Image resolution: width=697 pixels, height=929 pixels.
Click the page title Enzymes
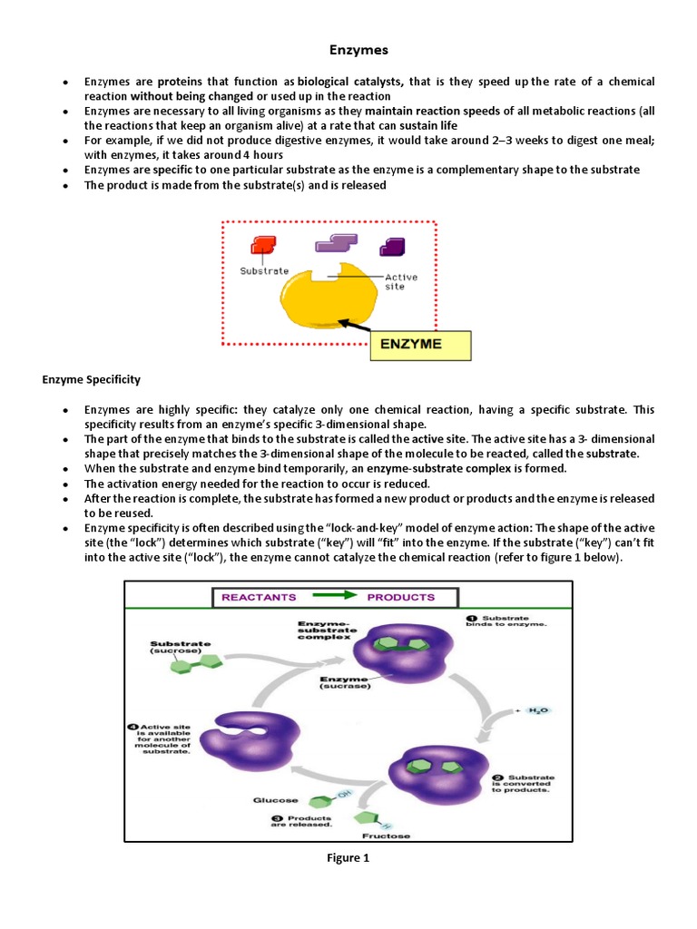349,52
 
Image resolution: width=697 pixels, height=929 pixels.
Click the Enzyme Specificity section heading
92,377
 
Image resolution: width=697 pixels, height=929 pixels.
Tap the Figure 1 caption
349,857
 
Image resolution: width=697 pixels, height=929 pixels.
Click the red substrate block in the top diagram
263,245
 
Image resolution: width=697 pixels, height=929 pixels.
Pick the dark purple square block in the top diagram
392,246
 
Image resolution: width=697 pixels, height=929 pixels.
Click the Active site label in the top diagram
400,281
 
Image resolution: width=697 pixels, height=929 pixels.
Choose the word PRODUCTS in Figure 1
400,597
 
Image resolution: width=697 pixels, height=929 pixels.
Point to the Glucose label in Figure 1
271,799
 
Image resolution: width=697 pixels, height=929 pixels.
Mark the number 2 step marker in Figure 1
497,777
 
